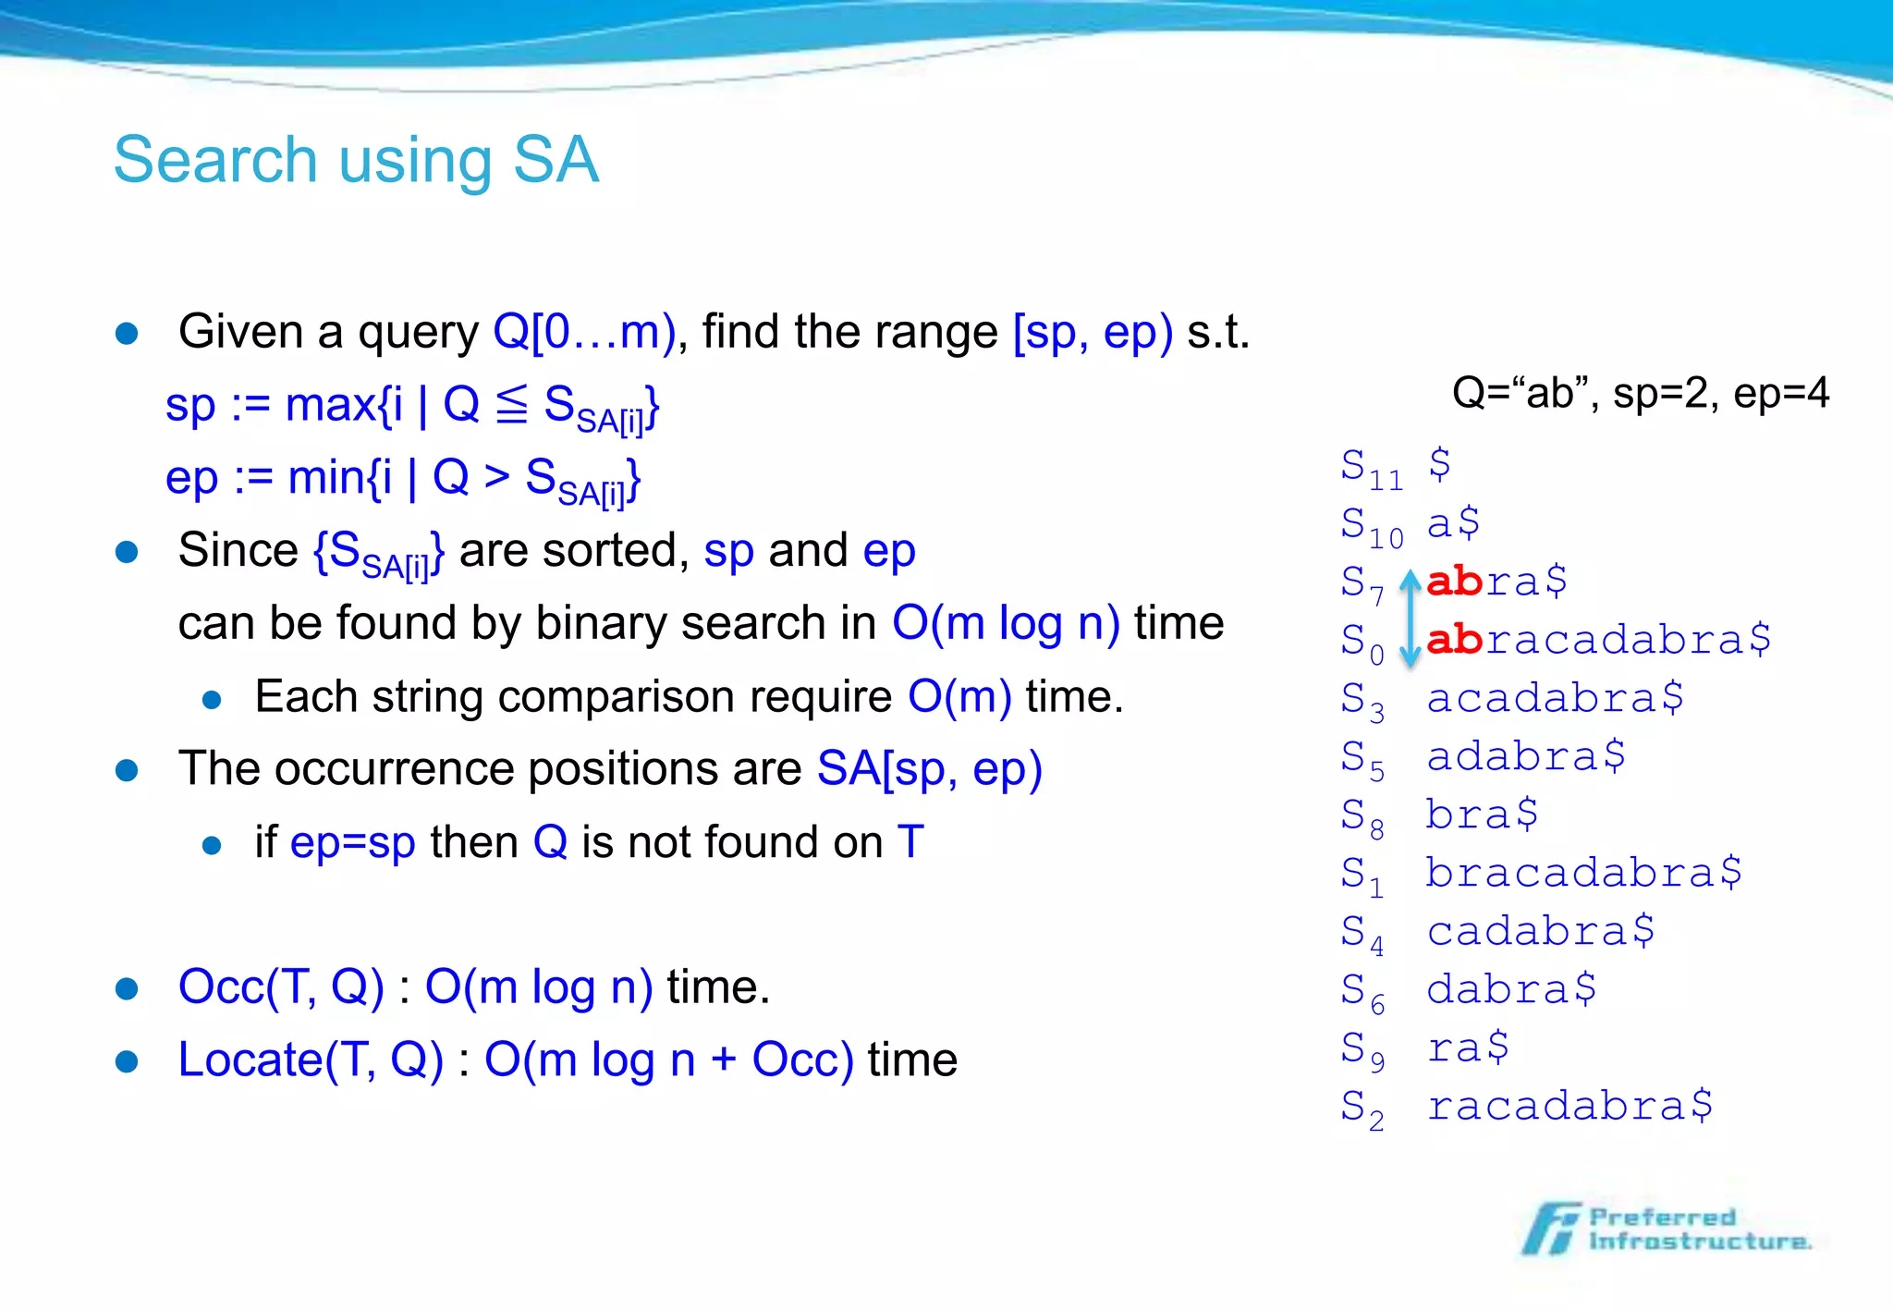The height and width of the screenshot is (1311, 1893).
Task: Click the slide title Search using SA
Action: click(x=356, y=160)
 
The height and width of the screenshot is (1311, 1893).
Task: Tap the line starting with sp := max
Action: click(x=411, y=407)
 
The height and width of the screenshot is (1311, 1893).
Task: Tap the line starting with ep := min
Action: click(x=403, y=480)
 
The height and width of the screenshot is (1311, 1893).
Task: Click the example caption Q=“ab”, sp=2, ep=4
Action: click(x=1640, y=393)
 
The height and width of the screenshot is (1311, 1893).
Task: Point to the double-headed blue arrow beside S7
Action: click(x=1410, y=618)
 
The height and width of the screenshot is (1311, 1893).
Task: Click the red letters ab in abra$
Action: click(x=1454, y=582)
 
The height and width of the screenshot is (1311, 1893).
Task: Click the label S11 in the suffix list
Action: click(x=1372, y=467)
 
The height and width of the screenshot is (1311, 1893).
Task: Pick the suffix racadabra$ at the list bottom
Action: click(x=1569, y=1106)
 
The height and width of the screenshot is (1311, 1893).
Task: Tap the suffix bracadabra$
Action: click(x=1583, y=873)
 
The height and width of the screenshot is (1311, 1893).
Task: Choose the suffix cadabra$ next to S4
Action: click(x=1540, y=931)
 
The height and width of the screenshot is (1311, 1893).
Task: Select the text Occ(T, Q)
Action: click(x=281, y=986)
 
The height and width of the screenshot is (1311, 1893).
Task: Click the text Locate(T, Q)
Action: click(x=311, y=1060)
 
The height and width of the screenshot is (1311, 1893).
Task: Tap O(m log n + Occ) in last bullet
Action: click(x=668, y=1060)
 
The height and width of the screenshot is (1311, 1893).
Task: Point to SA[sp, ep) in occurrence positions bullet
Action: click(x=929, y=768)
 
